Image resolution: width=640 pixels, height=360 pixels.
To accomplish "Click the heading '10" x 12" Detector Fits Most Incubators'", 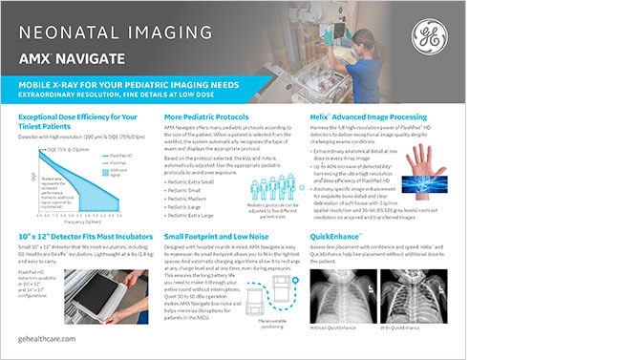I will pos(85,235).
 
